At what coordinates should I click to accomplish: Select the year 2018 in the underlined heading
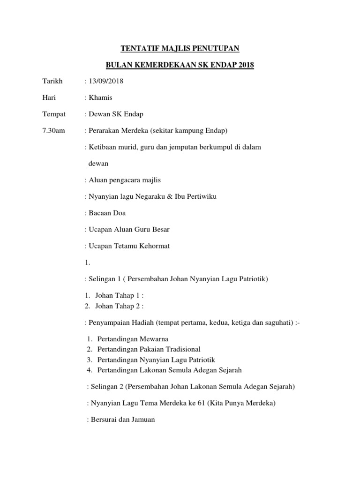coord(244,65)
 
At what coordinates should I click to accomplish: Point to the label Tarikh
coord(52,81)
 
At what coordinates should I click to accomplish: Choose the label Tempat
coord(54,114)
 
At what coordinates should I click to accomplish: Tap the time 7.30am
coord(53,130)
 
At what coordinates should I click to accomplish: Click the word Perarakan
coord(104,130)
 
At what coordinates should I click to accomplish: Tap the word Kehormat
coord(158,246)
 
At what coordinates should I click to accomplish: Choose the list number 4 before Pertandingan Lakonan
coord(89,370)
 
